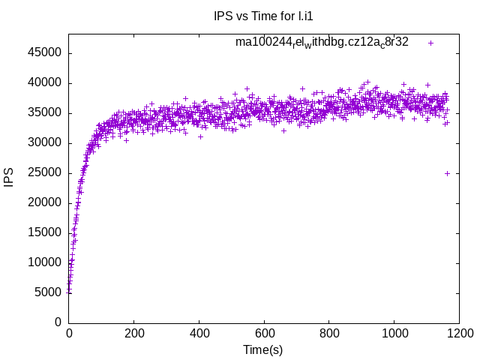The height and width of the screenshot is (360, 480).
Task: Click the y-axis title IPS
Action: click(x=9, y=178)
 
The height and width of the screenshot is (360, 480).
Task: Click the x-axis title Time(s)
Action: click(x=262, y=349)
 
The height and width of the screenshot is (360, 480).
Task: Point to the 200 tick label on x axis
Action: click(x=134, y=333)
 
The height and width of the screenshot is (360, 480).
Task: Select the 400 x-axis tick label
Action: click(x=199, y=333)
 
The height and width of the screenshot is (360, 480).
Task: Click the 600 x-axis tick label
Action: click(x=263, y=333)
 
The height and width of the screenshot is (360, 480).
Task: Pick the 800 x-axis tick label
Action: click(x=328, y=333)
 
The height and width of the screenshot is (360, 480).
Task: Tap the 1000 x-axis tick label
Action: click(x=392, y=333)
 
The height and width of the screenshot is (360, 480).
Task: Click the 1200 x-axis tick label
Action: click(x=457, y=333)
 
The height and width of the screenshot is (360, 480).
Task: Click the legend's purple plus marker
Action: click(x=430, y=43)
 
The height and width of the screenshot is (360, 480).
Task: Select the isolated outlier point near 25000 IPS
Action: click(x=447, y=173)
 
